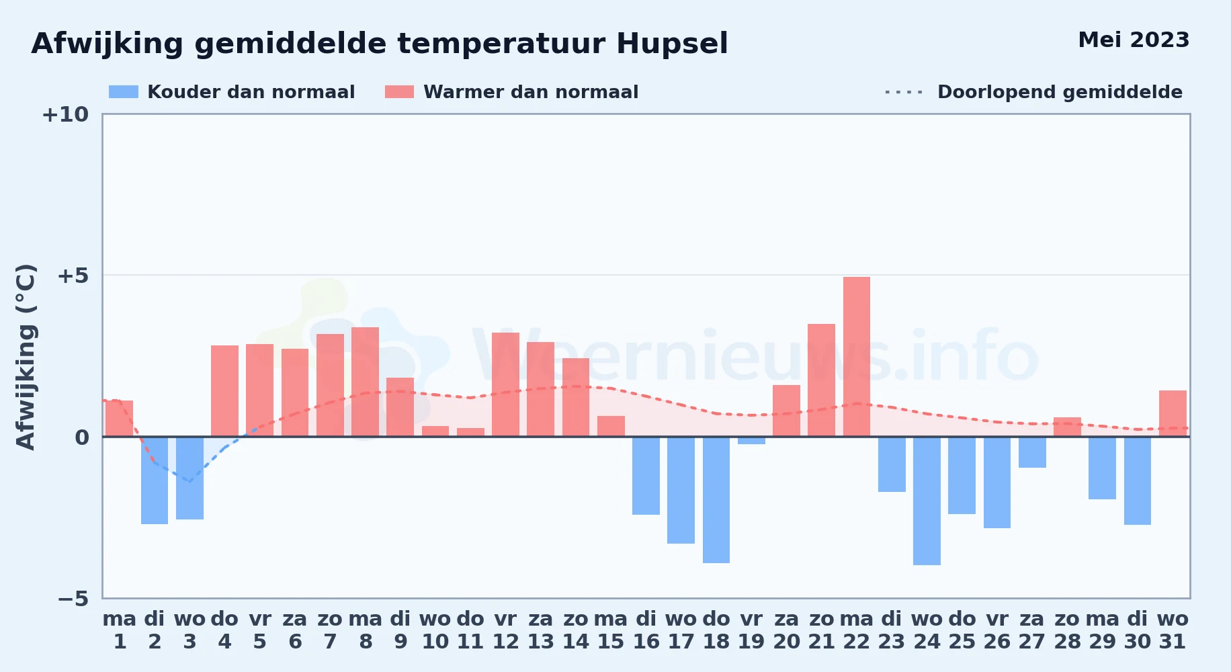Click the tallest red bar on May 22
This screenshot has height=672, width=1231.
857,357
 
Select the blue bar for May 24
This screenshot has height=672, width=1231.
927,501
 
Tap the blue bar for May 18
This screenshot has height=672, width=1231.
716,500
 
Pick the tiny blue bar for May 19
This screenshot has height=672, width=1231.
751,440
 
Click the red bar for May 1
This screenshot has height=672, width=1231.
119,419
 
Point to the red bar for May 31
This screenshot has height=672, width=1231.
1173,413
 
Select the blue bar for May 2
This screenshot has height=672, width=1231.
155,480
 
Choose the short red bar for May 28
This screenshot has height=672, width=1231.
1067,427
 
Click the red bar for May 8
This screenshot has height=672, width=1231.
365,382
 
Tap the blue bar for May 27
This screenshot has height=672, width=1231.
1032,452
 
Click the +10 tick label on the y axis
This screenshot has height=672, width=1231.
65,115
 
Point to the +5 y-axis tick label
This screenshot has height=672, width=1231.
73,276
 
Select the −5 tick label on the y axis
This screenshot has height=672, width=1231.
73,599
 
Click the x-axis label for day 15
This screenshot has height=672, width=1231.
611,630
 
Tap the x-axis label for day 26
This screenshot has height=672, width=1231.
997,630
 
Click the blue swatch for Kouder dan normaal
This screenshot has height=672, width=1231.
124,92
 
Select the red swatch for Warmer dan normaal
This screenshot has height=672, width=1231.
399,92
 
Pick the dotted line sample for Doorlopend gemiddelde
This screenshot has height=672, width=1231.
904,92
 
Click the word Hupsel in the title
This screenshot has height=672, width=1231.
672,44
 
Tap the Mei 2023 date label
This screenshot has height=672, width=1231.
1134,40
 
